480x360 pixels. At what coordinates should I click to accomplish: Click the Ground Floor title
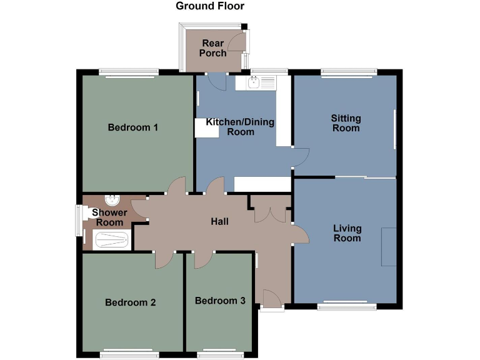(x=210, y=6)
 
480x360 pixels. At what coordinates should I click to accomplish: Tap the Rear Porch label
(x=213, y=48)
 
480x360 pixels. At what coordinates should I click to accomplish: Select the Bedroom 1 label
(x=132, y=127)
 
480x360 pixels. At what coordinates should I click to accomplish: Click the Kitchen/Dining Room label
(x=240, y=127)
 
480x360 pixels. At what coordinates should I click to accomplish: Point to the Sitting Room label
(x=346, y=123)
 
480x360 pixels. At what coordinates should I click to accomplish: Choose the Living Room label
(x=347, y=233)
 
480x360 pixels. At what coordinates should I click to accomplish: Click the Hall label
(x=219, y=222)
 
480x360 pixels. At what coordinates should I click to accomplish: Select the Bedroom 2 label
(x=130, y=302)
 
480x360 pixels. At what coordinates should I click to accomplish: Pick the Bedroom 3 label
(x=220, y=301)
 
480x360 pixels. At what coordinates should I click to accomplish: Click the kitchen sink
(x=254, y=82)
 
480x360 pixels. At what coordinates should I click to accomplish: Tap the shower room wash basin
(x=112, y=201)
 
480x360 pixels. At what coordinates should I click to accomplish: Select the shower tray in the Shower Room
(x=111, y=240)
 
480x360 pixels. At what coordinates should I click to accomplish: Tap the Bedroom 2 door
(x=163, y=259)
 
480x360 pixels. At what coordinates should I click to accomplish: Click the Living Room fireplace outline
(x=388, y=247)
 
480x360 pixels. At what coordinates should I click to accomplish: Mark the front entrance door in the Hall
(x=271, y=298)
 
